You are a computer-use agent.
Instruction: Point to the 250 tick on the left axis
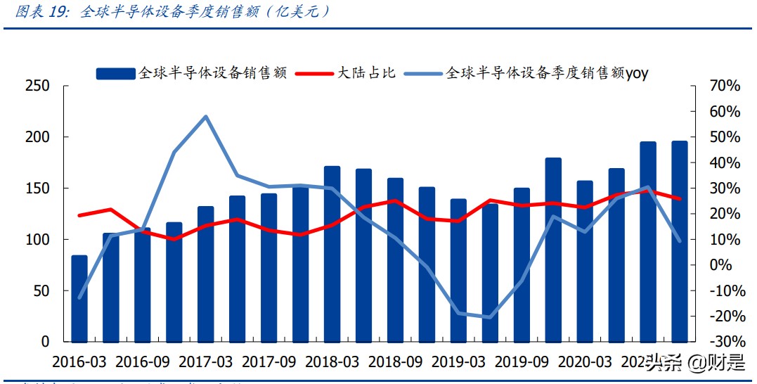coord(37,86)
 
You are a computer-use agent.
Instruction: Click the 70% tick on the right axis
coord(724,86)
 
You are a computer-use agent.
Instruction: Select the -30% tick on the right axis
coord(722,342)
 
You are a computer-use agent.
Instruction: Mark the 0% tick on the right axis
coord(727,265)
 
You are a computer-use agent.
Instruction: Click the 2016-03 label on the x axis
coord(79,362)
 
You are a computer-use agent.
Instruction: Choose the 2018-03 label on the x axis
coord(332,362)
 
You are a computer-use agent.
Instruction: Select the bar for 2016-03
coord(79,299)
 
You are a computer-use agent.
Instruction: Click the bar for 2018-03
coord(332,254)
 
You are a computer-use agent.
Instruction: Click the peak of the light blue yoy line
coord(205,116)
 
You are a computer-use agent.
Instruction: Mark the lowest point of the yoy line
coord(490,317)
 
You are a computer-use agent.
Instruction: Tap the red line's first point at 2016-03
coord(79,215)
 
